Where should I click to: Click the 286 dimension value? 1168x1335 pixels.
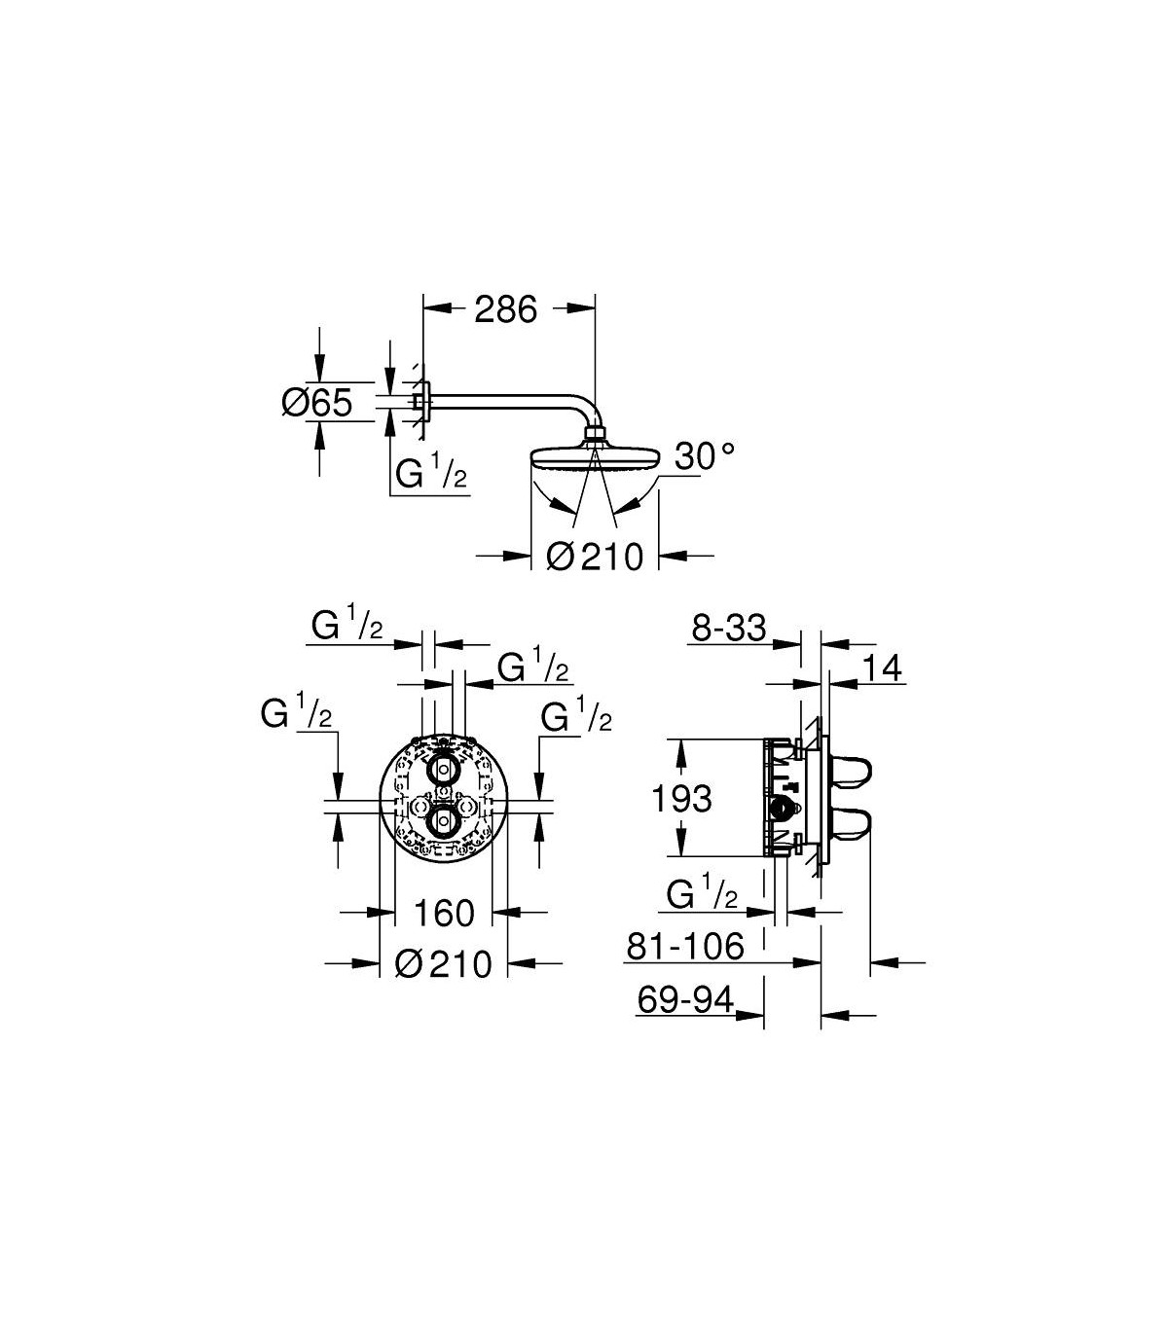(505, 309)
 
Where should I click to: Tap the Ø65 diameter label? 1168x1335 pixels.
(317, 403)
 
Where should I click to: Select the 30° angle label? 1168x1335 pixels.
(705, 456)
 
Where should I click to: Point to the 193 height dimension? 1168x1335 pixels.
(681, 798)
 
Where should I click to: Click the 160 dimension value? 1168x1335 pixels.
(444, 913)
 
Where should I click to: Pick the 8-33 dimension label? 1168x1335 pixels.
(729, 629)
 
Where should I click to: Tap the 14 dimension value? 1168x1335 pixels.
(882, 668)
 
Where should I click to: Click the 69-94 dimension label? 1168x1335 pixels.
(686, 999)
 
